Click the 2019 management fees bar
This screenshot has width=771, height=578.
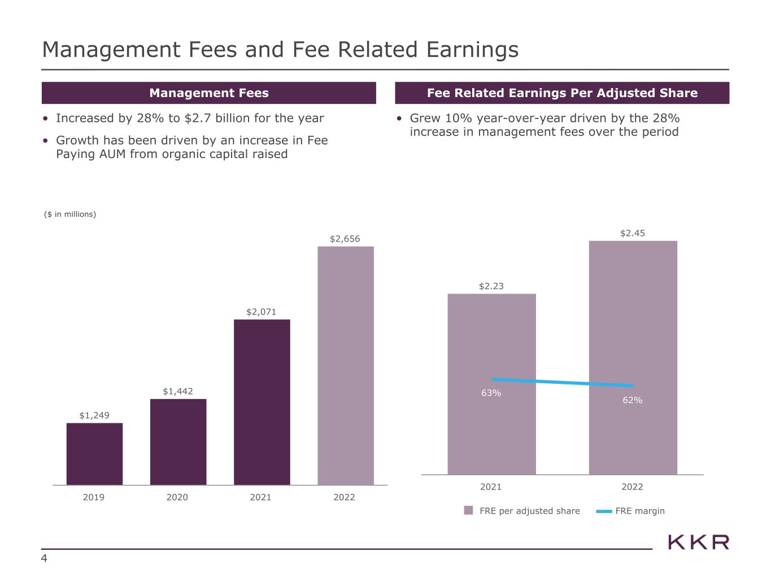(x=94, y=454)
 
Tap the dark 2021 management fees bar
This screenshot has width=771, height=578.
(x=262, y=402)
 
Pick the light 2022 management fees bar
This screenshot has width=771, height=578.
(x=345, y=365)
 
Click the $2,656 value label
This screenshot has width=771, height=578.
(x=345, y=239)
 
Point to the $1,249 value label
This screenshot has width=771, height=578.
(x=94, y=415)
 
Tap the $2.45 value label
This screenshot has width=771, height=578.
(x=633, y=233)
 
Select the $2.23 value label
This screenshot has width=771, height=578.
(x=491, y=286)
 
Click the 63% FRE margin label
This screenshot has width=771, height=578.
(x=491, y=393)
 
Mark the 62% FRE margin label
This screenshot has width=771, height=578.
(x=633, y=400)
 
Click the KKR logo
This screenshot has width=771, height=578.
(x=698, y=542)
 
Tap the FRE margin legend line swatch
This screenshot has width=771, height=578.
(x=604, y=511)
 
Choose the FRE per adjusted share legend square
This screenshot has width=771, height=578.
(x=468, y=511)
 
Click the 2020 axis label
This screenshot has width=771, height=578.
(x=177, y=497)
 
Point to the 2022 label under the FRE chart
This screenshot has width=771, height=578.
(x=632, y=487)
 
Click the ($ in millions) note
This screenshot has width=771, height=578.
(x=70, y=214)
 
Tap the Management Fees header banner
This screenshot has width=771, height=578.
(x=208, y=93)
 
